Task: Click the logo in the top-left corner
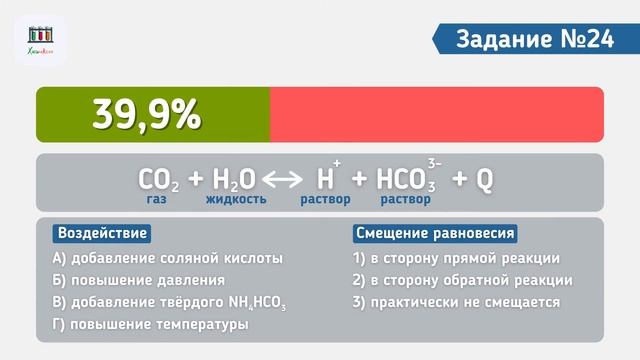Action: tap(41, 41)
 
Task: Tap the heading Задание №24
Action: tap(534, 39)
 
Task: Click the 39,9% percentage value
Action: tap(147, 115)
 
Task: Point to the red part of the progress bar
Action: tap(436, 114)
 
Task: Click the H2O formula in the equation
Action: tap(234, 179)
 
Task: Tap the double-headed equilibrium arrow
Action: tap(282, 180)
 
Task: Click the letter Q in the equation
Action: tap(484, 179)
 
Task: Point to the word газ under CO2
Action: tap(156, 199)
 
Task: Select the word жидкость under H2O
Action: tap(236, 199)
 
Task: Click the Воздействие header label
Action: tap(102, 233)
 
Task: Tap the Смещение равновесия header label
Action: tap(435, 233)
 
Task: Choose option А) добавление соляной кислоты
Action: tap(168, 258)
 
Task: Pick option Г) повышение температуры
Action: tap(150, 324)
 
